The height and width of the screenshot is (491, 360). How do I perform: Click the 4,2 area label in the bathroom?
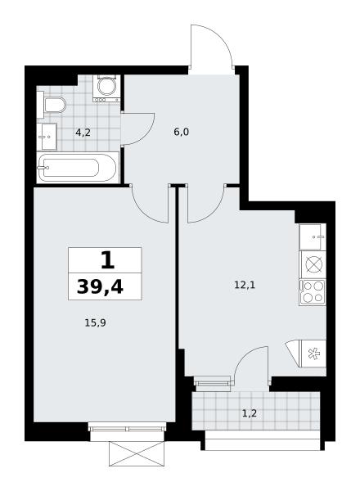coord(83,133)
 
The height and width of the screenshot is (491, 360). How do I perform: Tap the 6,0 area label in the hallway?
coord(182,132)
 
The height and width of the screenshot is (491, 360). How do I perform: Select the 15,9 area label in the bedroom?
coord(95,322)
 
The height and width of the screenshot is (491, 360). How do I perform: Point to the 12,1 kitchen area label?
coord(245,285)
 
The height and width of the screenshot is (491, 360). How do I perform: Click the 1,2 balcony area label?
coord(250,413)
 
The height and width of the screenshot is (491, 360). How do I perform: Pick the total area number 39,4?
coord(100,286)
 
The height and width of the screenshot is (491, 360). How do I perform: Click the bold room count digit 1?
coord(108,261)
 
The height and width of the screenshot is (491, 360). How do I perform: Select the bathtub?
coord(78,168)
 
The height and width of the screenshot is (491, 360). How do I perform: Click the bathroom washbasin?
coord(47,137)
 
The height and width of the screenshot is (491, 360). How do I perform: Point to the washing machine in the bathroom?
coord(106,88)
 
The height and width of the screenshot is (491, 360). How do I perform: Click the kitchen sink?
coord(313,237)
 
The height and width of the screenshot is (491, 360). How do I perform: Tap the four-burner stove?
coord(313,292)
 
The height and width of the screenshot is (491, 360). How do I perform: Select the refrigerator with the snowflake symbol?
coord(313,354)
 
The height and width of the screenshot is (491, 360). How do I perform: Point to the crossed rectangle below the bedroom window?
coord(137,453)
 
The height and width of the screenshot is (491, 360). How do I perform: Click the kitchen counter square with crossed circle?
coord(313,264)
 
